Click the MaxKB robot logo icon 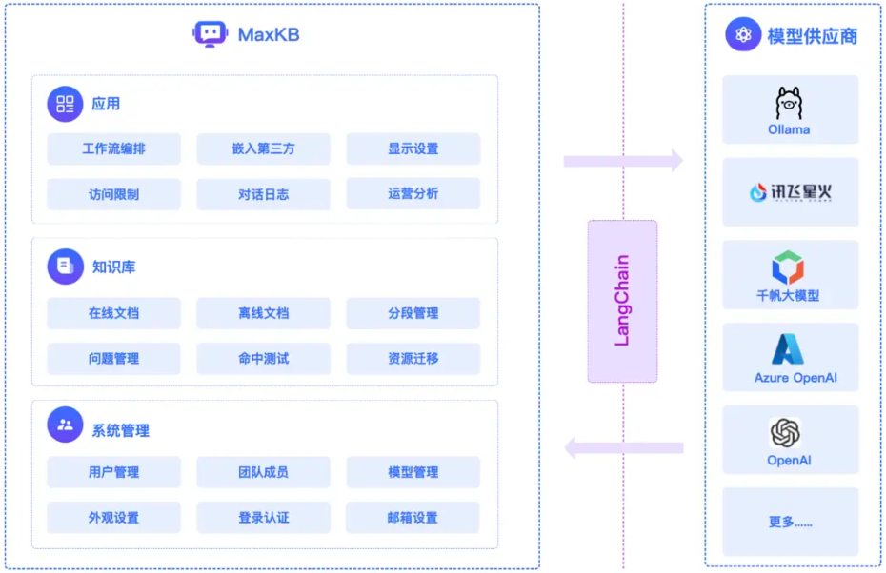(210, 35)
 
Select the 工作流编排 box (113, 149)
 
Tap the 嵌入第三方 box (263, 149)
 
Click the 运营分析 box (413, 194)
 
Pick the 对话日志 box (263, 194)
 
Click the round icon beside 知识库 (65, 267)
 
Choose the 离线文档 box (263, 313)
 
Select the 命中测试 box (263, 359)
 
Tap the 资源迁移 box (413, 359)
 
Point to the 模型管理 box (413, 472)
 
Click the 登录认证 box (263, 518)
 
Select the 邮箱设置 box (413, 518)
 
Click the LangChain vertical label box (622, 301)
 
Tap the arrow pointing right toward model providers (623, 160)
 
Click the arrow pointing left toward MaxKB (623, 446)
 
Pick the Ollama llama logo (789, 103)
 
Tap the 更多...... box (790, 523)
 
